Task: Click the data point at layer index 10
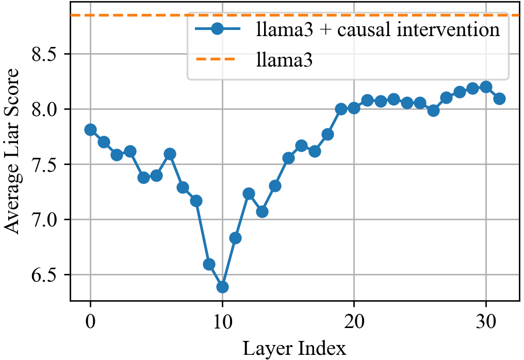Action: coord(222,287)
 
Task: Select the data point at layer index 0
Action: coord(90,129)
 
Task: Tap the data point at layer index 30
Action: coord(486,87)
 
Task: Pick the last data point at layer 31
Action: coord(499,99)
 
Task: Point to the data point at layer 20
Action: coord(354,108)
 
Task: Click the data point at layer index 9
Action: coord(209,264)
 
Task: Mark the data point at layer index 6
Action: coord(170,154)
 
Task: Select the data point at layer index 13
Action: coord(262,211)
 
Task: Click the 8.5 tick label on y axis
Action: coord(47,54)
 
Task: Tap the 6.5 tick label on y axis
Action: coord(47,275)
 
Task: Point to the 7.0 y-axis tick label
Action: coord(47,220)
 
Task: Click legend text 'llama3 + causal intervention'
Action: coord(378,29)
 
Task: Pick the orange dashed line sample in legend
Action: coord(217,60)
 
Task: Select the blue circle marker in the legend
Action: coord(217,29)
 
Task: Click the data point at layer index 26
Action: coord(433,110)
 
